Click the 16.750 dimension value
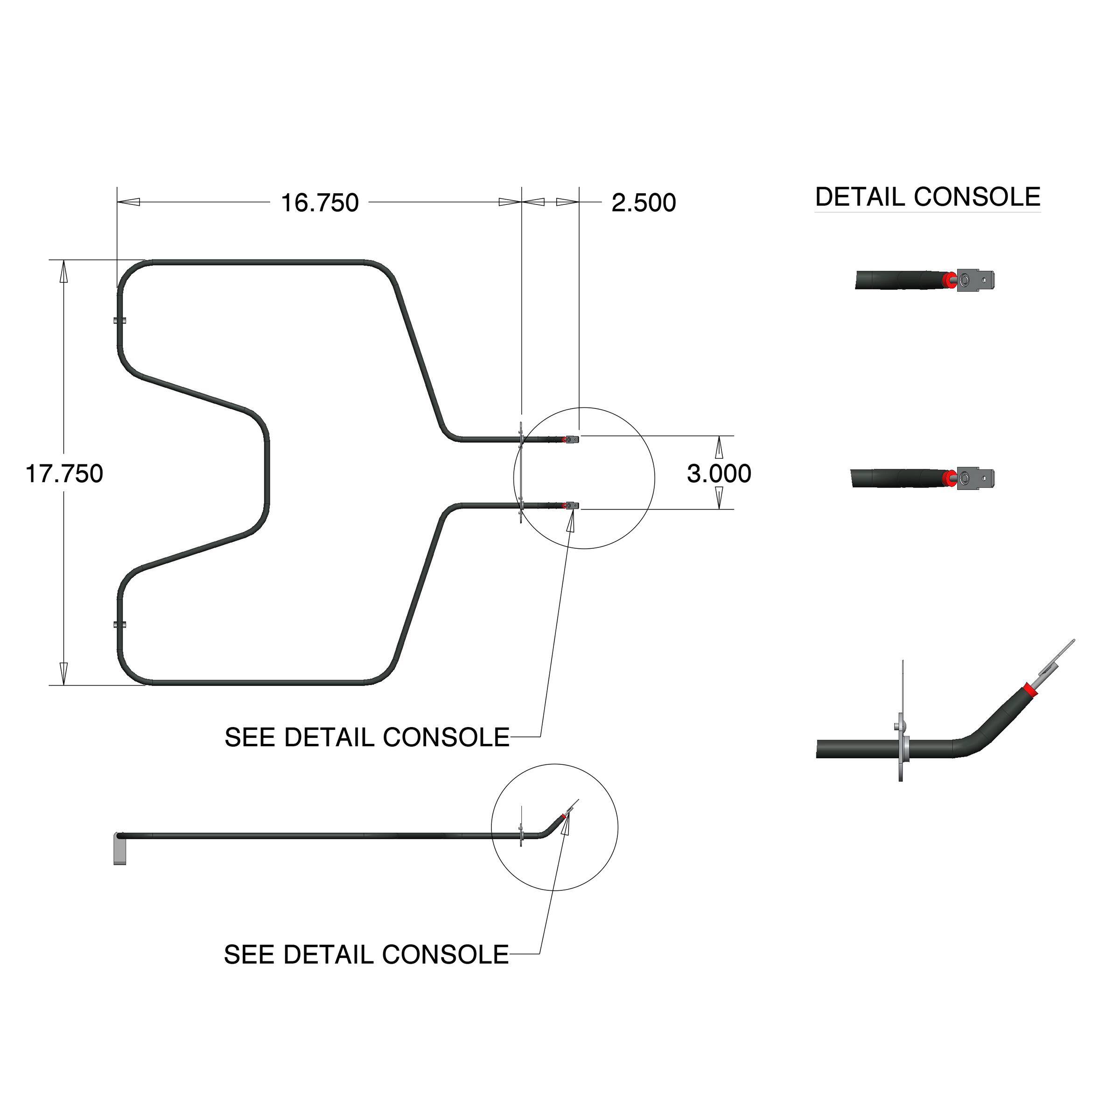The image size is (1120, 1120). pyautogui.click(x=319, y=203)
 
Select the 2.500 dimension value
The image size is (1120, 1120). pyautogui.click(x=644, y=203)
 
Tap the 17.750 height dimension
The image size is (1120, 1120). pyautogui.click(x=64, y=474)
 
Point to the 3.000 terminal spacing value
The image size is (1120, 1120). pyautogui.click(x=719, y=474)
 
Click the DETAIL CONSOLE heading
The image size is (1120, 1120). pyautogui.click(x=928, y=197)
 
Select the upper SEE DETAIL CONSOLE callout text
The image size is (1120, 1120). pyautogui.click(x=366, y=737)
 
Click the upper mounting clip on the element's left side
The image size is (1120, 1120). pyautogui.click(x=120, y=320)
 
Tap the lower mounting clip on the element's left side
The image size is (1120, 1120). pyautogui.click(x=120, y=624)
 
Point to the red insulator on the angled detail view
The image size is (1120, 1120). pyautogui.click(x=1030, y=689)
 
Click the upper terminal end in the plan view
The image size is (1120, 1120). pyautogui.click(x=572, y=440)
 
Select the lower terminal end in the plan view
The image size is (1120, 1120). pyautogui.click(x=572, y=505)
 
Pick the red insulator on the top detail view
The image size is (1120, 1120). pyautogui.click(x=949, y=280)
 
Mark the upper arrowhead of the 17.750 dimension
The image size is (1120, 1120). pyautogui.click(x=64, y=272)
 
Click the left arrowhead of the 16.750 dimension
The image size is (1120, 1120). pyautogui.click(x=129, y=203)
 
